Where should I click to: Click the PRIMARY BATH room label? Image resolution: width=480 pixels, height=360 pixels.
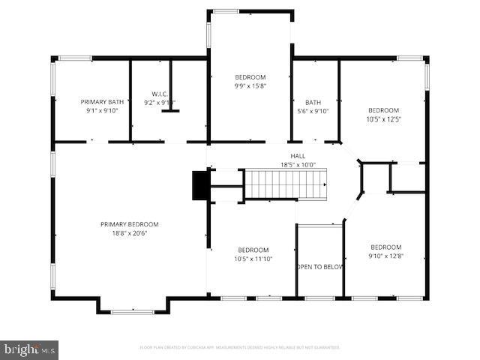point(102,101)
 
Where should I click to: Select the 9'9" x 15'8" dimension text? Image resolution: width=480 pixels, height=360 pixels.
point(250,86)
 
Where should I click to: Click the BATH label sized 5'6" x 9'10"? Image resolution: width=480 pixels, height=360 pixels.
point(313,102)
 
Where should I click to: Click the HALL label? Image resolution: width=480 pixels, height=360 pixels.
point(298,157)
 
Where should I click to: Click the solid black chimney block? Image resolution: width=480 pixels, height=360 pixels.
point(200,186)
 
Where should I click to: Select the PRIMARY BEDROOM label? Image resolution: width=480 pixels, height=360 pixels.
point(130,224)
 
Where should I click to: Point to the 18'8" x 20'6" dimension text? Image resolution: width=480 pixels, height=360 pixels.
point(130,232)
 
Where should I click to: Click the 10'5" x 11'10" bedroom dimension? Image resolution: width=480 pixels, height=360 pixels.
point(253,259)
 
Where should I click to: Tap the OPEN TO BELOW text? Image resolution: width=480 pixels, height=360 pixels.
point(319,266)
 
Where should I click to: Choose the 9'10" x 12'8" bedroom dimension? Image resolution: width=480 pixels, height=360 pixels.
point(385,256)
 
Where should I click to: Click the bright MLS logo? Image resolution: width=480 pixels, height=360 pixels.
point(30,349)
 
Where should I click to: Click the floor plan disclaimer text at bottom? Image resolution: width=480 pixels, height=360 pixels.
point(240,347)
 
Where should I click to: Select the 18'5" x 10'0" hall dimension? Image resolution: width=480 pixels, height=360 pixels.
point(298,165)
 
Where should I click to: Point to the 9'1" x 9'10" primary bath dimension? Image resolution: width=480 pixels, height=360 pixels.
point(102,110)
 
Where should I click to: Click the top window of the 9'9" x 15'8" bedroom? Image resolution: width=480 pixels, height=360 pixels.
point(226,11)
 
